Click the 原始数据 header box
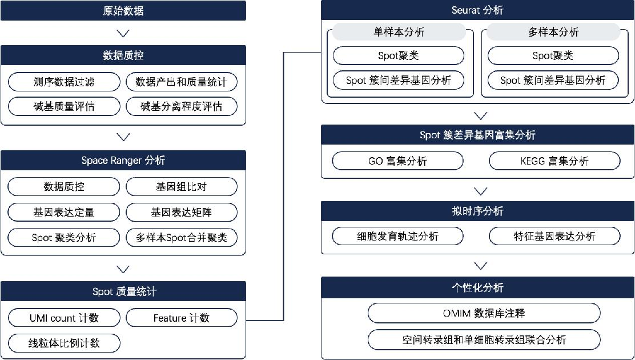123,10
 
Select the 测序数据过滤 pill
64,82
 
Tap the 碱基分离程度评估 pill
182,107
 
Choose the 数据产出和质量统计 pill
182,82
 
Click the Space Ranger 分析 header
123,160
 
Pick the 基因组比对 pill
182,186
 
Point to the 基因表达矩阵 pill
182,212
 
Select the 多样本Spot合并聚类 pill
182,237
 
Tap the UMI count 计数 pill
64,318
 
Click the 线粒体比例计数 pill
64,343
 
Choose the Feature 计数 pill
182,318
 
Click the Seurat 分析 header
477,10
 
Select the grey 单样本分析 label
399,32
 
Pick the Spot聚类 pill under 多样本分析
553,55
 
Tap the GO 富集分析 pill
397,161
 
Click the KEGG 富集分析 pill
554,161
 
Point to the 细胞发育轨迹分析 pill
397,236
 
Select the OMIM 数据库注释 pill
484,313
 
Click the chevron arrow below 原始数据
123,33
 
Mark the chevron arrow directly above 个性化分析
480,266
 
